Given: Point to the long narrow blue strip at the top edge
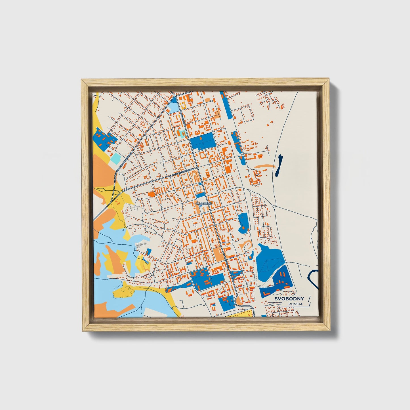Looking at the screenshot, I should (226, 105).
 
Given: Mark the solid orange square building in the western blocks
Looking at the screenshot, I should (151, 194).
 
